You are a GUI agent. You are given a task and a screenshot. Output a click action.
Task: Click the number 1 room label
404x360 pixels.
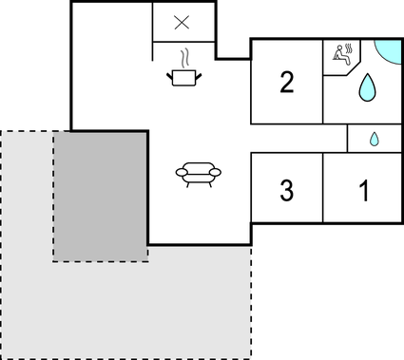(x=362, y=190)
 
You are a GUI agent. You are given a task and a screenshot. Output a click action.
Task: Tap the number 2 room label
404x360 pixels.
(x=286, y=83)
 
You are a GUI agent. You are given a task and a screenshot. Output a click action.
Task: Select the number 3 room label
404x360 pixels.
(x=286, y=190)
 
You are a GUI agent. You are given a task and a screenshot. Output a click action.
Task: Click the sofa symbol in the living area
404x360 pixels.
(x=199, y=174)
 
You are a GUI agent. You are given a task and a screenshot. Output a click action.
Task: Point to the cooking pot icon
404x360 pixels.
(x=185, y=77)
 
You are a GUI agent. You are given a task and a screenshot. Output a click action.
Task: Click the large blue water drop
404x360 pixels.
(x=366, y=89)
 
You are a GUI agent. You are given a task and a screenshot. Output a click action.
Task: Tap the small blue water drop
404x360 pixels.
(x=374, y=139)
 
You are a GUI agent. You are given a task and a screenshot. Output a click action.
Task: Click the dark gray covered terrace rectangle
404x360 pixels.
(x=100, y=197)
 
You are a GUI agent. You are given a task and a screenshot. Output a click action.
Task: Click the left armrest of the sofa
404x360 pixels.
(x=181, y=172)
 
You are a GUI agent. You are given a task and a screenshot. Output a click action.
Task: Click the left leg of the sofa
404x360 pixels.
(x=188, y=184)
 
